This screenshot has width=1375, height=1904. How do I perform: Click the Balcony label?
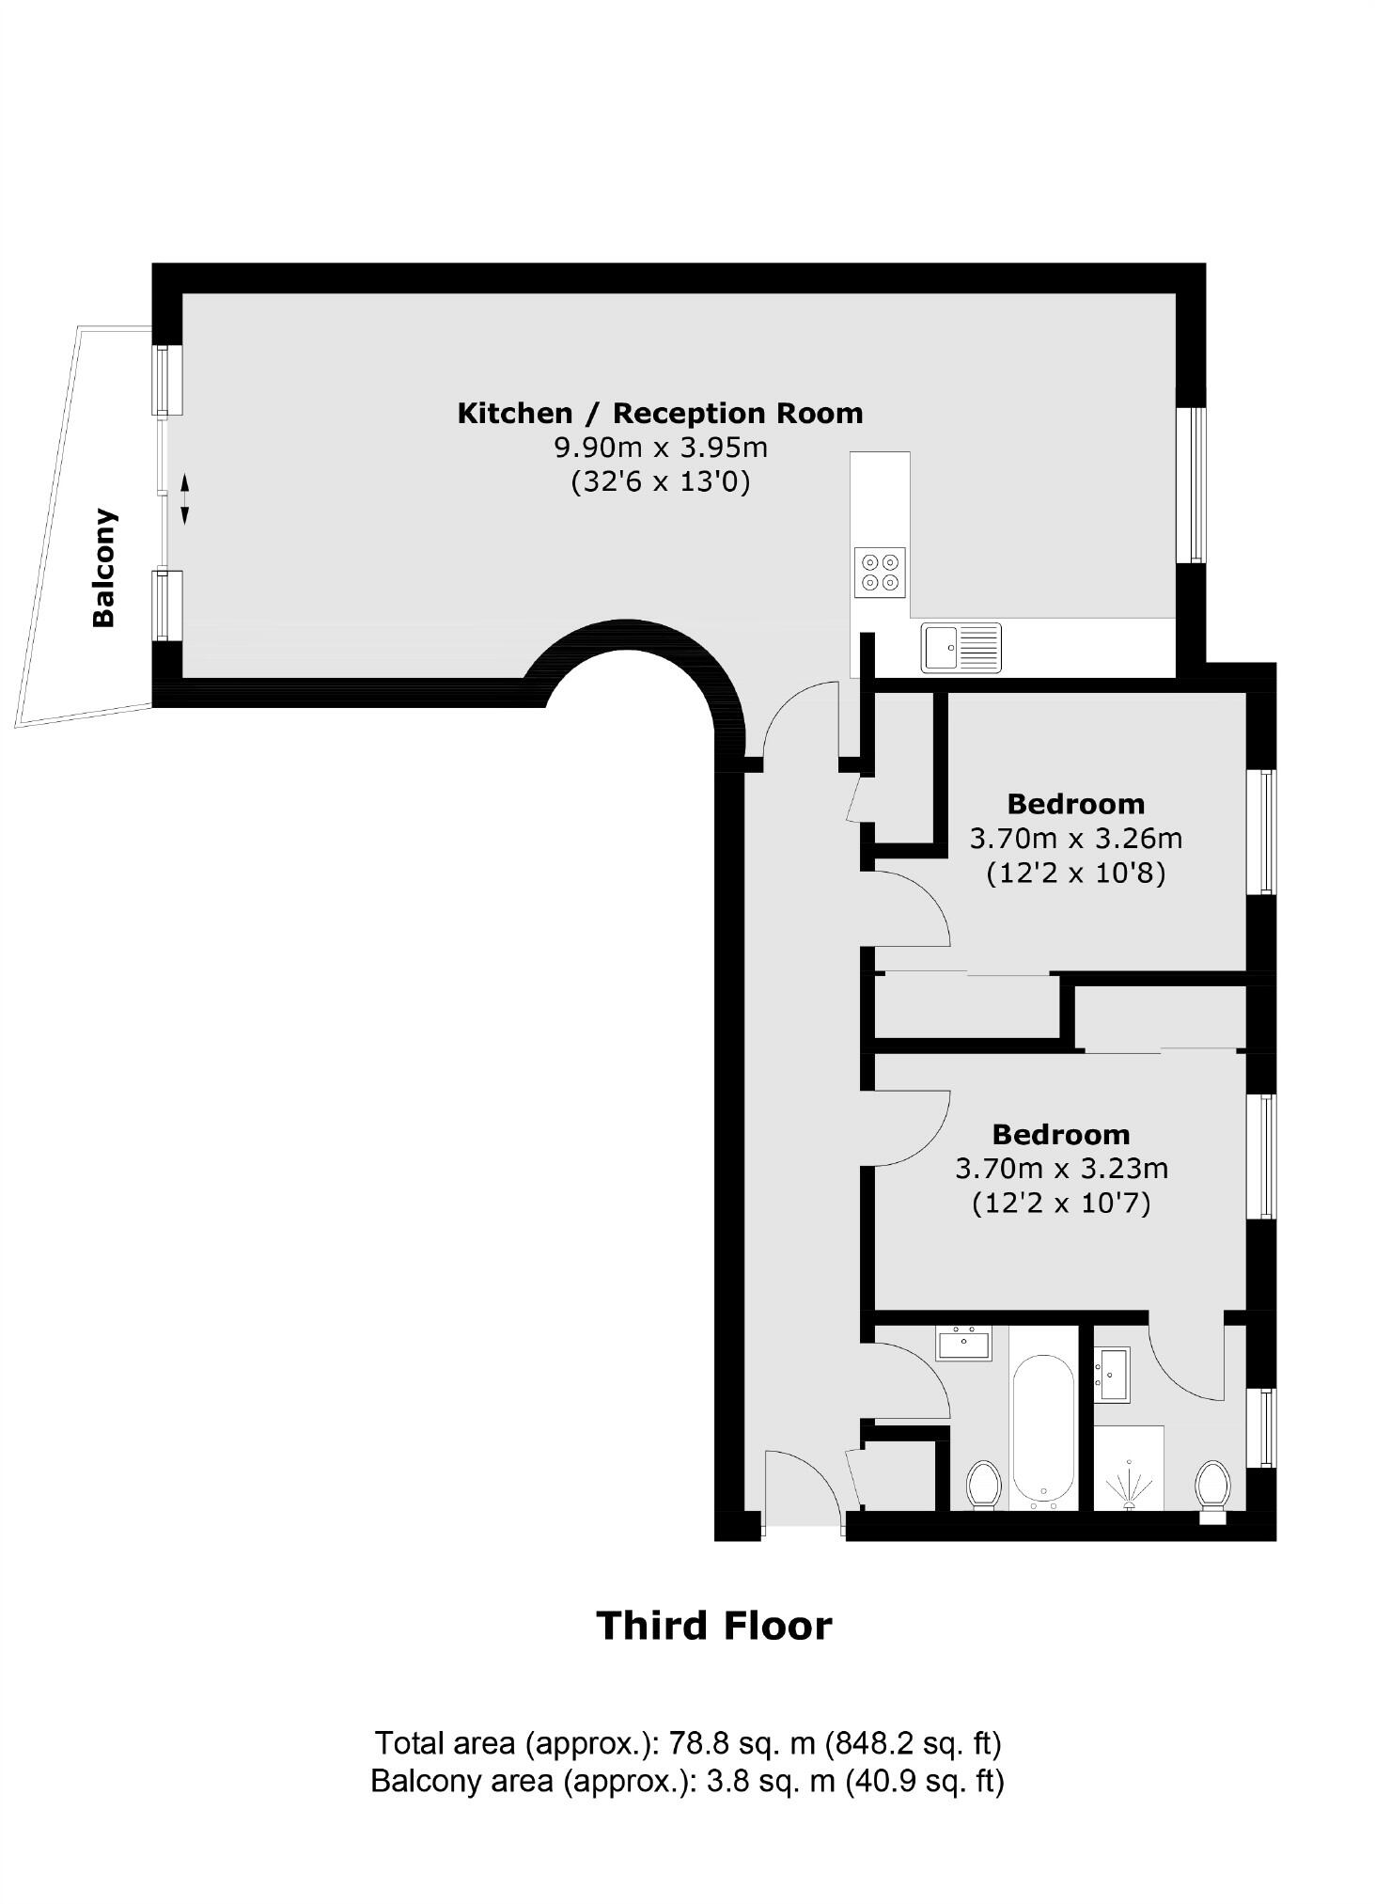point(103,568)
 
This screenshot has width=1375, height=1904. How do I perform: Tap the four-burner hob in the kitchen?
point(880,572)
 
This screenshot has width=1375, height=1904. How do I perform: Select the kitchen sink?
point(961,647)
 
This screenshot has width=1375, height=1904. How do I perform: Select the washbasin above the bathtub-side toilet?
point(963,1343)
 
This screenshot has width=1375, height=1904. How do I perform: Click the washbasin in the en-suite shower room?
point(1113,1375)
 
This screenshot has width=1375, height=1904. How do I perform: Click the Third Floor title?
point(714,1626)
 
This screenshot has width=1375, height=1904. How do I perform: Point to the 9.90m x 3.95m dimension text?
point(661,448)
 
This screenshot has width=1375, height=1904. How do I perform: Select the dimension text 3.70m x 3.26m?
point(1076,838)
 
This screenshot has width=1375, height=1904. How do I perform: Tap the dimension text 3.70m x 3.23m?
point(1061,1169)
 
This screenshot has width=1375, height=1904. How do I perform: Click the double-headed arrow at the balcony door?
point(184,498)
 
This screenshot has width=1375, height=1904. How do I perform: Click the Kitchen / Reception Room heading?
point(660,413)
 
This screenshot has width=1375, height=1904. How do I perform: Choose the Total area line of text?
point(688,1743)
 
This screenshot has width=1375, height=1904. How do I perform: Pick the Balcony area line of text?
point(687,1780)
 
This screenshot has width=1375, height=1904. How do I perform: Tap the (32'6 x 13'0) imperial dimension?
point(661,482)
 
